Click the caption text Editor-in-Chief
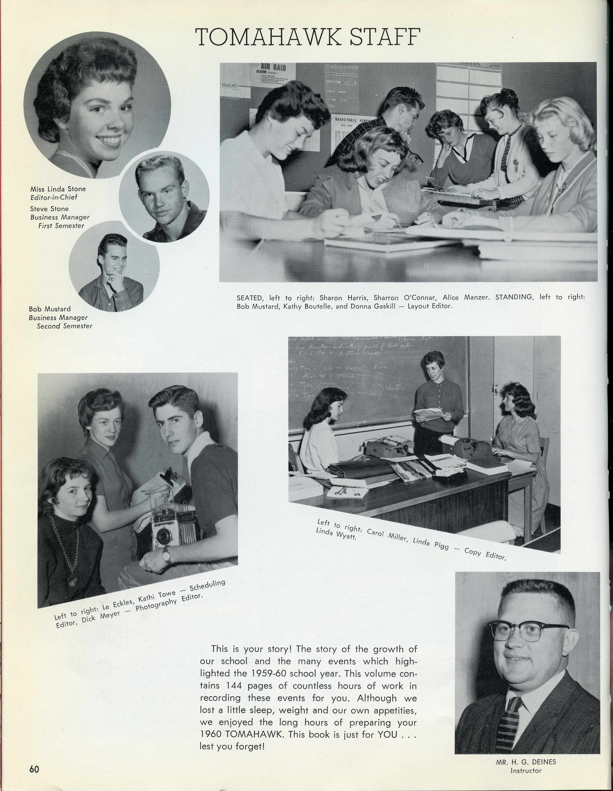54,197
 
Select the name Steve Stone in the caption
49,209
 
